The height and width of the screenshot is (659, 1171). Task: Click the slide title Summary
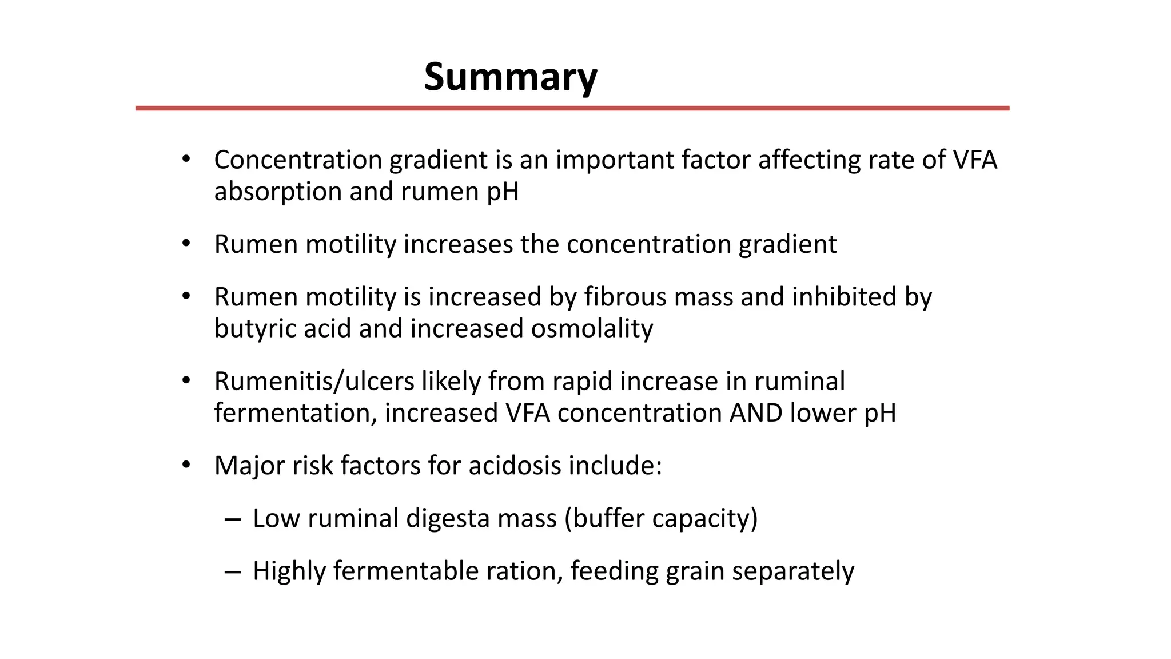(x=511, y=77)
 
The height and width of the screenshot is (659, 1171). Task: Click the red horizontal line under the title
(x=572, y=108)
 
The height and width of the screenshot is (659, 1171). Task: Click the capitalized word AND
(x=756, y=413)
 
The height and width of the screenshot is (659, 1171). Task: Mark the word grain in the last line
(x=695, y=571)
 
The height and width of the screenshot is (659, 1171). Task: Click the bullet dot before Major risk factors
(x=185, y=465)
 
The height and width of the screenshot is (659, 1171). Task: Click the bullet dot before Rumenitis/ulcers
(x=185, y=380)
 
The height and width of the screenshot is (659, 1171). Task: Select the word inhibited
(x=842, y=297)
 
